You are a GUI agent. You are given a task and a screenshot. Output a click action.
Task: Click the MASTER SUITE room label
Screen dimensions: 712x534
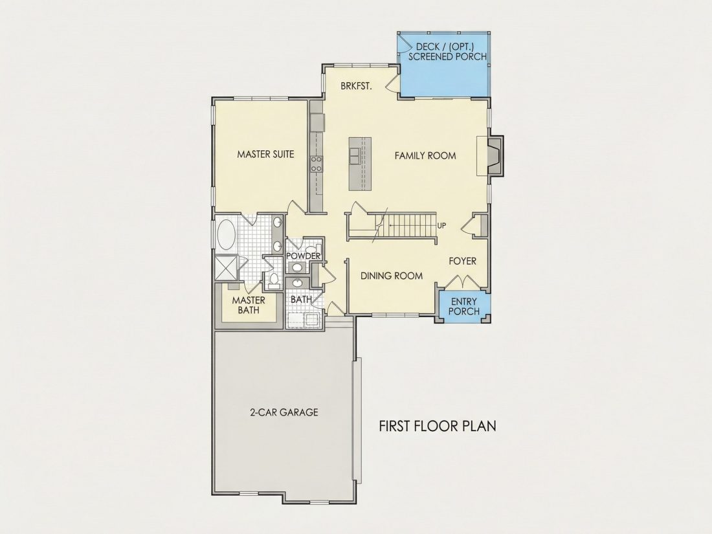[265, 155]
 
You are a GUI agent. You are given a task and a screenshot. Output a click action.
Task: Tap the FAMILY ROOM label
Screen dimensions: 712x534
[425, 156]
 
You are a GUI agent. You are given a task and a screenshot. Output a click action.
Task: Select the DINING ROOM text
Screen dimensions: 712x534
[392, 276]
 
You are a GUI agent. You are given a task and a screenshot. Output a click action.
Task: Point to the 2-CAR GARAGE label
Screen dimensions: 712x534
[284, 412]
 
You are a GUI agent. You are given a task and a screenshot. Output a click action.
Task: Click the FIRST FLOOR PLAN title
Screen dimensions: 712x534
[438, 426]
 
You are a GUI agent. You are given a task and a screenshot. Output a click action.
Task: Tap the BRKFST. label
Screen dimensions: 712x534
[357, 86]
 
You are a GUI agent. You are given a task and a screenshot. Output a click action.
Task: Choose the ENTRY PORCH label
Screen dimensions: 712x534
[463, 307]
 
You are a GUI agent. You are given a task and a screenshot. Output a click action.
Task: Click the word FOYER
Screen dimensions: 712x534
[463, 261]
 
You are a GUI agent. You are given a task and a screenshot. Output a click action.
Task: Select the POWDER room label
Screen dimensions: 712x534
[304, 256]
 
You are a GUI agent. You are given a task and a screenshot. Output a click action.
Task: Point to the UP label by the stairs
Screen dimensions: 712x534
[441, 225]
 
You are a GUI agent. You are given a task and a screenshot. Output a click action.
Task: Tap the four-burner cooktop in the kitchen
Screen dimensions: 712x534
[317, 164]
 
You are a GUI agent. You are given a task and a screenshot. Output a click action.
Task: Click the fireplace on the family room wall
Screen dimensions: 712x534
[495, 155]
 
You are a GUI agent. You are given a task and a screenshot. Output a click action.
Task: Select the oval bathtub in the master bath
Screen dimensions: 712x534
[226, 235]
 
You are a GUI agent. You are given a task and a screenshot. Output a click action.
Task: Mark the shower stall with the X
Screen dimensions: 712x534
[226, 268]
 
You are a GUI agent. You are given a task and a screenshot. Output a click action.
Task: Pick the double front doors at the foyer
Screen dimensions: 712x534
[462, 282]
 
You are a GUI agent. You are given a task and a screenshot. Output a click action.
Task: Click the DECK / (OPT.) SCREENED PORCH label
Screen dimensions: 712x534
[447, 52]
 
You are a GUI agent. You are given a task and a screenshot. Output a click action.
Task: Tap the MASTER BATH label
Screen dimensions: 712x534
[249, 305]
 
